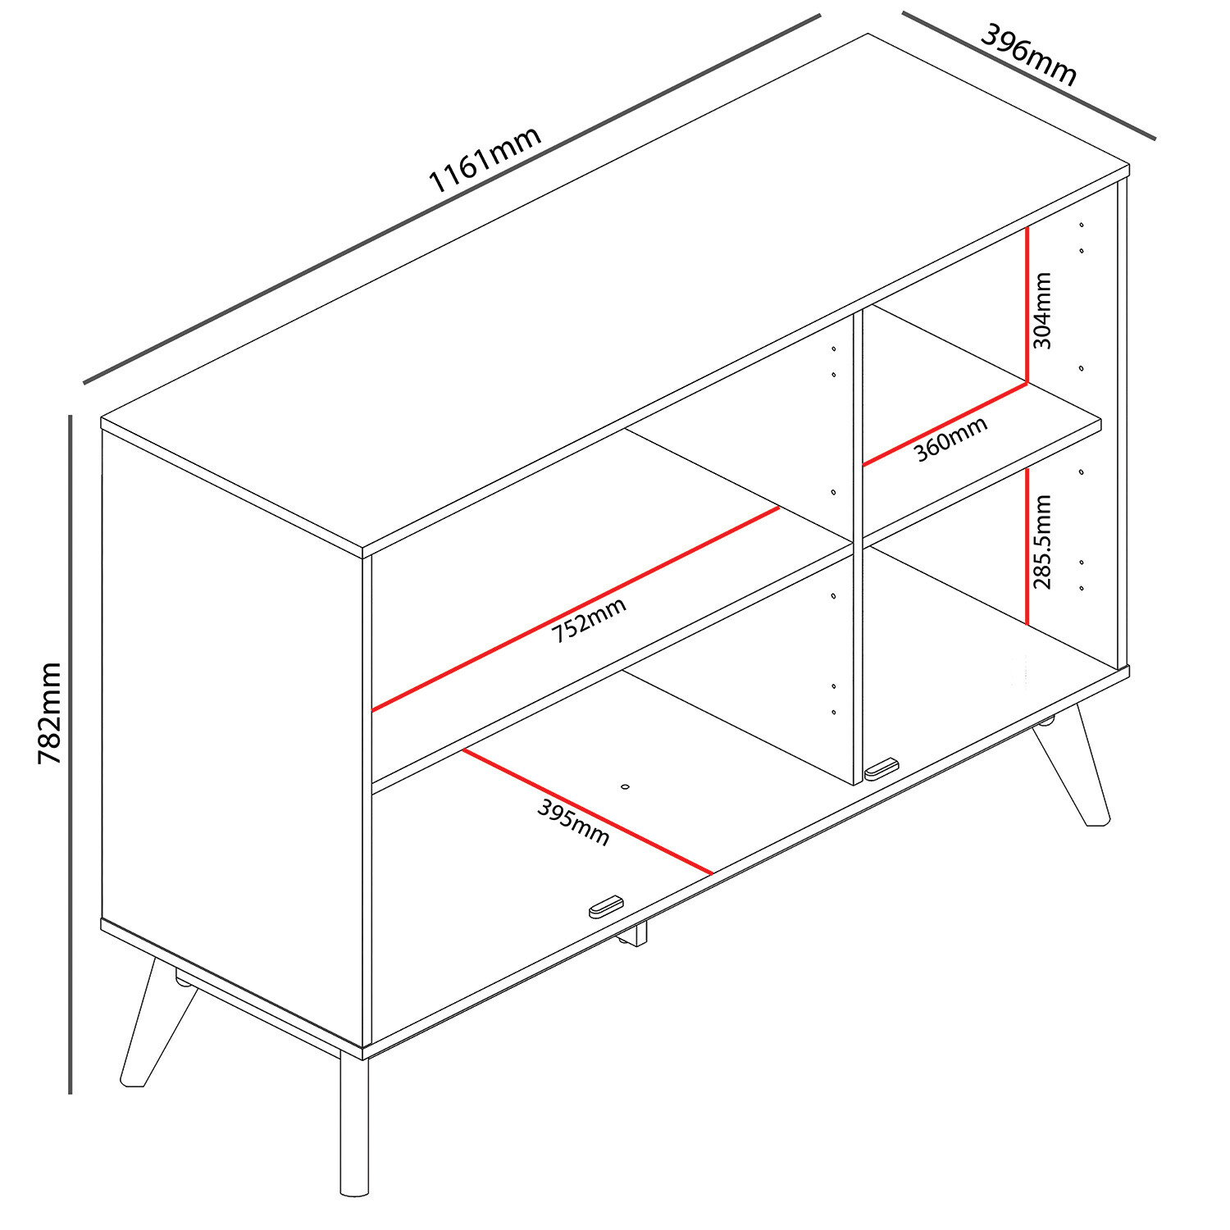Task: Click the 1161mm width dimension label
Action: (485, 159)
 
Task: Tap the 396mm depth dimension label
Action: (1028, 54)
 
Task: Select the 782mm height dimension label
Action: (50, 713)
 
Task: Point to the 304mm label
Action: (1041, 311)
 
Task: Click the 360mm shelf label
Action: (950, 440)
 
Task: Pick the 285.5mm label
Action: (1042, 542)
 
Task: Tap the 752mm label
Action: (588, 620)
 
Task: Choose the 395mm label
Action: (574, 822)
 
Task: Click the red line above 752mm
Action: (576, 608)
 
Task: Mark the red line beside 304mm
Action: (1027, 305)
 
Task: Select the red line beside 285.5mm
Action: (1027, 546)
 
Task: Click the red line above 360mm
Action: (945, 424)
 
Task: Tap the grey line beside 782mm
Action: (71, 754)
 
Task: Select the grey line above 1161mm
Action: (452, 198)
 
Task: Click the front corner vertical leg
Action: (354, 1124)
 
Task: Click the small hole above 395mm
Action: (626, 787)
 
